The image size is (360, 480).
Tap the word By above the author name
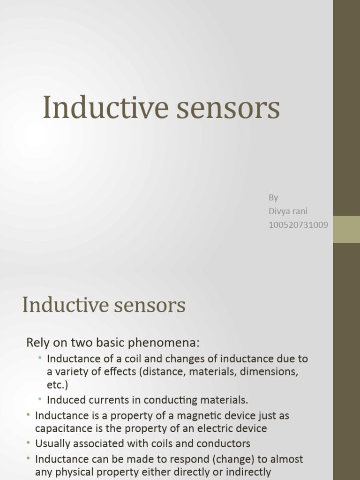coord(273,197)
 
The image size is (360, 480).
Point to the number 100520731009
coord(298,225)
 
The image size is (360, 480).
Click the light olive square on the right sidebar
coord(346,229)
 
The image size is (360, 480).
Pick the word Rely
coord(36,343)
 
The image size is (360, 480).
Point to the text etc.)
coord(58,385)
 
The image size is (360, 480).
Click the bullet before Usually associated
coord(29,443)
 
